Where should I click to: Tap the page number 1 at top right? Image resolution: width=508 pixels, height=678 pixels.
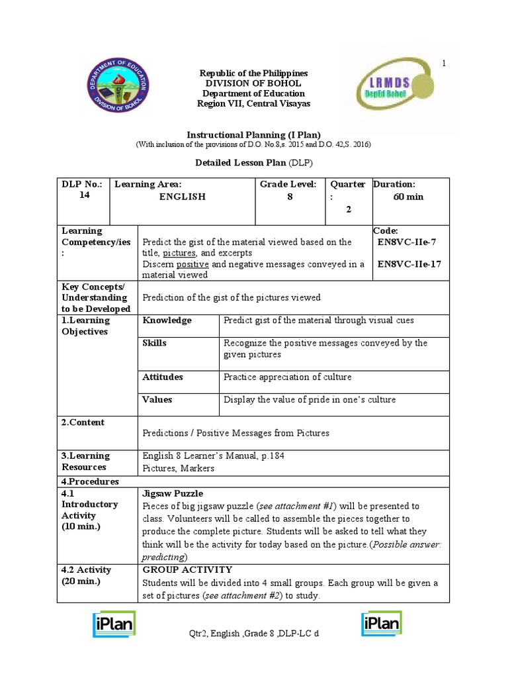pyautogui.click(x=444, y=63)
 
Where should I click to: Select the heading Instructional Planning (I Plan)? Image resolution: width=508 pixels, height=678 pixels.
pyautogui.click(x=253, y=134)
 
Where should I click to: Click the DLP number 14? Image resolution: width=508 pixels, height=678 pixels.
pyautogui.click(x=69, y=195)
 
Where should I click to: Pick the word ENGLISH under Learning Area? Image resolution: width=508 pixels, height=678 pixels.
pyautogui.click(x=183, y=197)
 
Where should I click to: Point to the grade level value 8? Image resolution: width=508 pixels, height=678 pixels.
pyautogui.click(x=290, y=197)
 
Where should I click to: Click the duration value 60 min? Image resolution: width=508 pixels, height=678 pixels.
pyautogui.click(x=408, y=197)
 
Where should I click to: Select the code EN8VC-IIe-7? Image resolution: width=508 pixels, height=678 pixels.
pyautogui.click(x=406, y=242)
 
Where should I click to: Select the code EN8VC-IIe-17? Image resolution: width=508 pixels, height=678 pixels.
pyautogui.click(x=409, y=264)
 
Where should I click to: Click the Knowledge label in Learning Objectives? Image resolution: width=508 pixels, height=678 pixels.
pyautogui.click(x=167, y=320)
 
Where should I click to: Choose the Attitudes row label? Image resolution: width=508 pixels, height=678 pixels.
pyautogui.click(x=163, y=377)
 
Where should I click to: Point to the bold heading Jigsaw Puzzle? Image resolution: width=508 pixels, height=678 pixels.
pyautogui.click(x=173, y=493)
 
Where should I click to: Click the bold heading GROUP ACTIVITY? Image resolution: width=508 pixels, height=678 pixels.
pyautogui.click(x=187, y=569)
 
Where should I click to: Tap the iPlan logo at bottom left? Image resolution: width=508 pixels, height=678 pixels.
pyautogui.click(x=114, y=624)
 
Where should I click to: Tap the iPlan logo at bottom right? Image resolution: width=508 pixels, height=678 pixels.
pyautogui.click(x=382, y=624)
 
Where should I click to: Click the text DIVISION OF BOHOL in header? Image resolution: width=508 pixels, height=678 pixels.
pyautogui.click(x=253, y=83)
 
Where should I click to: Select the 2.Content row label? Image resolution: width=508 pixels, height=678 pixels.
pyautogui.click(x=83, y=422)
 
